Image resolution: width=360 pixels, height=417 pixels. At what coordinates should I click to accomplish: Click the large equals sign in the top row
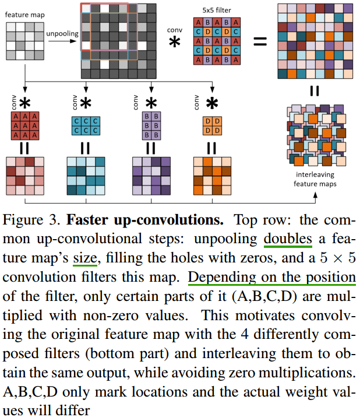[260, 41]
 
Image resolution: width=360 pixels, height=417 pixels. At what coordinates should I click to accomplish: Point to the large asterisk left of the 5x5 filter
[174, 42]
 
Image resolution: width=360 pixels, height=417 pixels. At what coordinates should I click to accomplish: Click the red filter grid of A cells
[24, 125]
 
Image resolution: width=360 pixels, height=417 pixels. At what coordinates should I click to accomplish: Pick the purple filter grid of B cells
[149, 125]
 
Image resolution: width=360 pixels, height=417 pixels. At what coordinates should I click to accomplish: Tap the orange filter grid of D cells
[211, 124]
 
